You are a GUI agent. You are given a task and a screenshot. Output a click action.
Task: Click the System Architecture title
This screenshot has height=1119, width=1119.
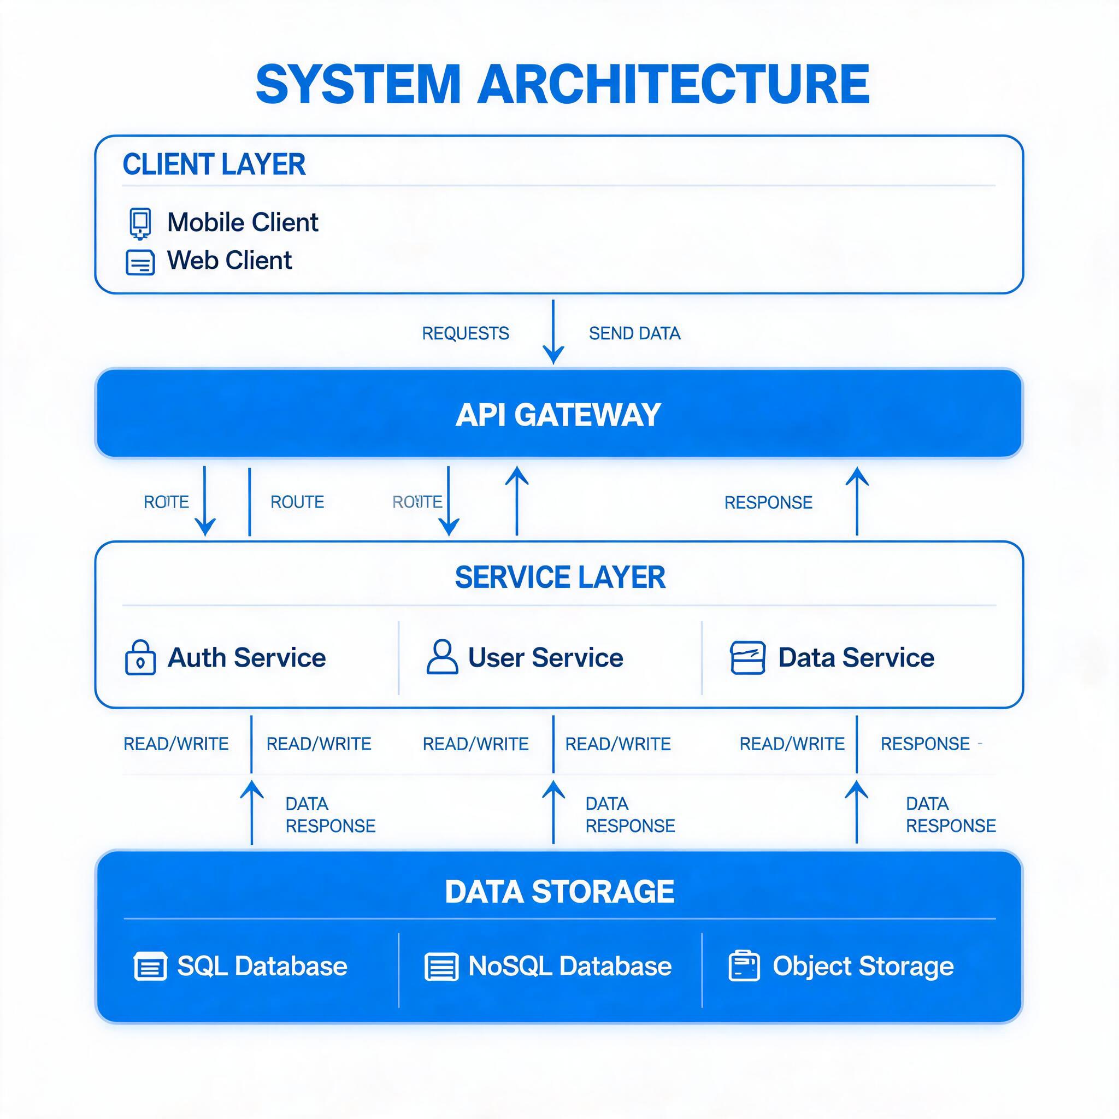point(562,84)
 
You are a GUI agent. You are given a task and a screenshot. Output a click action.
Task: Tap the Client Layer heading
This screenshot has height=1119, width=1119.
point(214,164)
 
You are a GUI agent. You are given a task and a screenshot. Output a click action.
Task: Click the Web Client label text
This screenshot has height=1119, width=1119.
point(229,261)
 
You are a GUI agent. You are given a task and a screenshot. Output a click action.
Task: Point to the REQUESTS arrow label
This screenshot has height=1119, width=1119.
point(466,334)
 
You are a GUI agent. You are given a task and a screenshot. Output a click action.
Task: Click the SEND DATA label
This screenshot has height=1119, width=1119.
point(635,334)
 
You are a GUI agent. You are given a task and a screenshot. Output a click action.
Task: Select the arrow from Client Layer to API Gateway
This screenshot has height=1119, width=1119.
point(553,332)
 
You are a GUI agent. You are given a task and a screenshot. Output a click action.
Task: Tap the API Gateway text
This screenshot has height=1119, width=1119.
point(558,415)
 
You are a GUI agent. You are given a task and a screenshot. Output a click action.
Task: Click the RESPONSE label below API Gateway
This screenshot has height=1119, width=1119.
point(769,503)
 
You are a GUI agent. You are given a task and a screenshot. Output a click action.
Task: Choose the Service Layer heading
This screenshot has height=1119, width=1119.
point(560,578)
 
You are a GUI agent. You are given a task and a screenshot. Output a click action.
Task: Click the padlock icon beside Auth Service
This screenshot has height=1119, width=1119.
point(140,657)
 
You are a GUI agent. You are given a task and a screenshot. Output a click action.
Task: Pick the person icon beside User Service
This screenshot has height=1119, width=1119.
point(443,657)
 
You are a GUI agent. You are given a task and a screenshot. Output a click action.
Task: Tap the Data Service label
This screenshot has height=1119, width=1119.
point(856,658)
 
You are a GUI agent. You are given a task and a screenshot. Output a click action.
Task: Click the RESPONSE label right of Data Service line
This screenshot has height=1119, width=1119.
point(925,744)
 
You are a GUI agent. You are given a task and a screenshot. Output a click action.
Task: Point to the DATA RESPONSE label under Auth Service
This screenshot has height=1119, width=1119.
point(331,814)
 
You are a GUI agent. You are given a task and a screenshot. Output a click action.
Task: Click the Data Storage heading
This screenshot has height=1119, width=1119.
point(559,891)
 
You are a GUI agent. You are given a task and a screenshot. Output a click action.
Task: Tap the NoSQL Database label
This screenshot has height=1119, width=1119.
point(570,966)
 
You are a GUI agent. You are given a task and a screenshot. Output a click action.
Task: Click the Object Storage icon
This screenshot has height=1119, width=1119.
point(744,965)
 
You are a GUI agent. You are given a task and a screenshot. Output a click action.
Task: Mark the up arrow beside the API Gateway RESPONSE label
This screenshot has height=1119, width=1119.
point(857,502)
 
